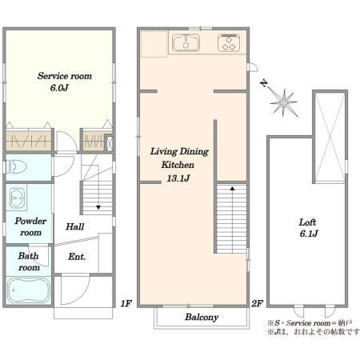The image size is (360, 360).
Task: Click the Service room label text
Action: click(65, 76)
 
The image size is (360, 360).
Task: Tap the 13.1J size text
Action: click(178, 178)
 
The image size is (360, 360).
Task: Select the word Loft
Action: click(307, 222)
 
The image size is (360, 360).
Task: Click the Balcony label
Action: click(202, 317)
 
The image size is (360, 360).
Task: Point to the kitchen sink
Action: click(186, 42)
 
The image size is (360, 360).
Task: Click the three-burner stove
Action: click(229, 42)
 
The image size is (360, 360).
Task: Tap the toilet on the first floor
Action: click(16, 167)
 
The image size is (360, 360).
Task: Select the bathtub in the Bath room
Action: click(28, 290)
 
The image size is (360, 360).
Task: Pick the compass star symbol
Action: click(283, 102)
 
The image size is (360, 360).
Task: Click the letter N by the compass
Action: click(264, 83)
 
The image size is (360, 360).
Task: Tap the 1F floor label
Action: click(126, 303)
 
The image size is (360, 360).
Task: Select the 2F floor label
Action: click(258, 303)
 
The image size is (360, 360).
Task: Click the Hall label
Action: click(75, 226)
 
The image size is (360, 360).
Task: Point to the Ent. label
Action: click(77, 257)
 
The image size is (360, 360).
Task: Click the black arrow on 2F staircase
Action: click(233, 189)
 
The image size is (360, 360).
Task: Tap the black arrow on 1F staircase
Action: click(98, 207)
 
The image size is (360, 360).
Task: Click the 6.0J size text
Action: click(59, 87)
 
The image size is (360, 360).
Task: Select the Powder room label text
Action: click(30, 226)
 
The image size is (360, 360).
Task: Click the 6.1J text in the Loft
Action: click(309, 234)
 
